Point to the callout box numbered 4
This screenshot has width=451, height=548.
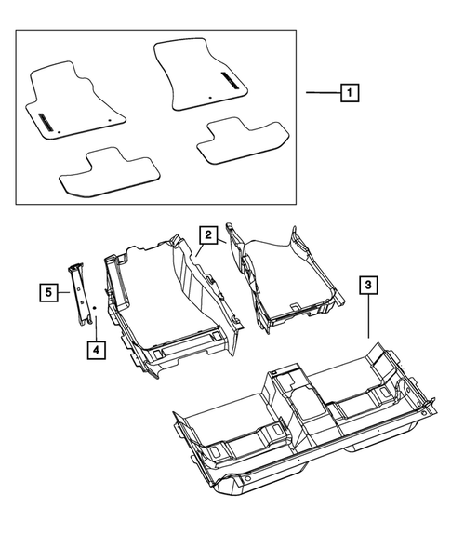click(x=95, y=350)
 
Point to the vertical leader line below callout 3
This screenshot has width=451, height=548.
click(x=368, y=316)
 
